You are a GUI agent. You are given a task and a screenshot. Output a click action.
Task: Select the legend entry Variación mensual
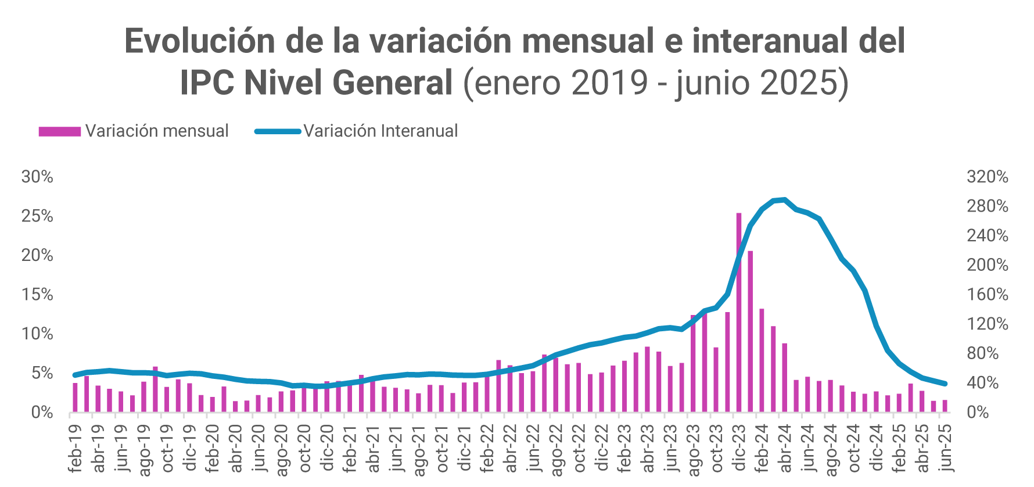click(134, 131)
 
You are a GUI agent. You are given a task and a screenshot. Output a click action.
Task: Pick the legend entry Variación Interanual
click(357, 131)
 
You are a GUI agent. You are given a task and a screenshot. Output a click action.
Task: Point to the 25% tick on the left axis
click(37, 216)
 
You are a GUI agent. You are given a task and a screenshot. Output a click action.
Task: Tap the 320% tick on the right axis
click(987, 177)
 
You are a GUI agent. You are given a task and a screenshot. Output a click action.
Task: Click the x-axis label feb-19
click(75, 448)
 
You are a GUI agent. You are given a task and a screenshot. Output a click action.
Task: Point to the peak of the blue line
click(784, 200)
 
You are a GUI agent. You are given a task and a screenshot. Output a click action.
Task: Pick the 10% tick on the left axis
click(37, 334)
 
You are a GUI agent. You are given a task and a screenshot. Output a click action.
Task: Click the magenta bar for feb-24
click(762, 360)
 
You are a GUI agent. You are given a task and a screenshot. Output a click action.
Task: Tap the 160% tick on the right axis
click(987, 295)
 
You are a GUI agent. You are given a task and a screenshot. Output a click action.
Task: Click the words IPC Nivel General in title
click(316, 83)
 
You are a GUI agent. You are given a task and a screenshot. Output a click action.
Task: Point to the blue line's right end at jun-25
click(945, 384)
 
